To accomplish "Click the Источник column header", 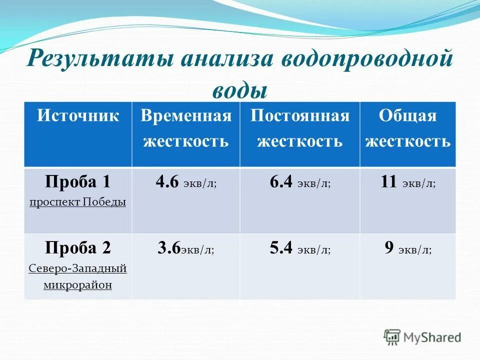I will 78,116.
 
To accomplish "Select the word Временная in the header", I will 186,116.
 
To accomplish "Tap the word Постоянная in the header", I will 299,116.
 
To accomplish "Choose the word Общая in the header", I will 407,116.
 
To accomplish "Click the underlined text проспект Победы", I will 77,202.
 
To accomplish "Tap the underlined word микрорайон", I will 77,285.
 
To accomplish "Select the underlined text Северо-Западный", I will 77,268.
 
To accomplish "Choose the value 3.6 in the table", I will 168,248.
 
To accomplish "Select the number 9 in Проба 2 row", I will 389,248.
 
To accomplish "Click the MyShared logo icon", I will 392,336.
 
